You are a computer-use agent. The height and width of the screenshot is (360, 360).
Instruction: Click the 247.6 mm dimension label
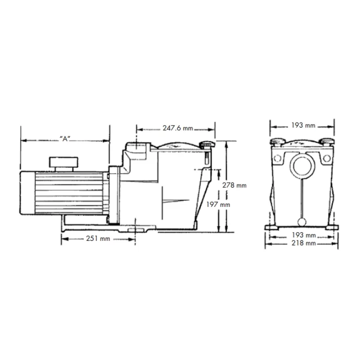pos(178,128)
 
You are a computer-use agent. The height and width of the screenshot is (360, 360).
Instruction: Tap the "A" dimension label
pos(65,139)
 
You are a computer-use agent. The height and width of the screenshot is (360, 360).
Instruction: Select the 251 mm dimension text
pos(98,238)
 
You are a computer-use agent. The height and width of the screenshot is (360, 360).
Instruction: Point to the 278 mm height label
pos(234,185)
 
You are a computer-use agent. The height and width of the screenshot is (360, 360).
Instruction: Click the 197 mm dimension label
pos(218,204)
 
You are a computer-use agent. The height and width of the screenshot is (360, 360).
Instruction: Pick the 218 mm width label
pos(303,243)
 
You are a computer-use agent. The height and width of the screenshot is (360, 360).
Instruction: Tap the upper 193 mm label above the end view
pos(303,126)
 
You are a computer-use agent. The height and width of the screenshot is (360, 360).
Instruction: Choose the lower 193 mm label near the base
pos(304,235)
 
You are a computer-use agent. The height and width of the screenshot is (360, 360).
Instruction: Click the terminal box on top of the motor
pos(63,164)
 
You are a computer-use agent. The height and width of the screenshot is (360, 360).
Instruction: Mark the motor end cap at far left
pos(27,193)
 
